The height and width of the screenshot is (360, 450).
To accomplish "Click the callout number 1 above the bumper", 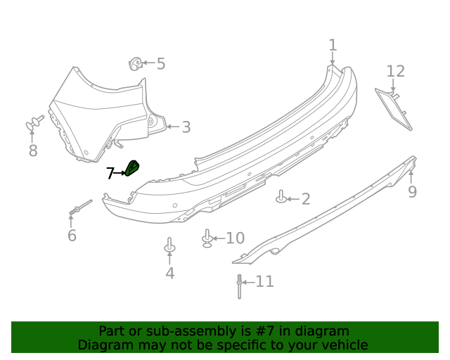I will tap(333, 46).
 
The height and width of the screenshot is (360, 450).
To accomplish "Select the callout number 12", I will tap(395, 71).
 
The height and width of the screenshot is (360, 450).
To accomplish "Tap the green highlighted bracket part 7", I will tap(132, 168).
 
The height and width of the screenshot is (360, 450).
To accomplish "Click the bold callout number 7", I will tap(110, 173).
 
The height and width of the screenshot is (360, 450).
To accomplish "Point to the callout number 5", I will tap(161, 65).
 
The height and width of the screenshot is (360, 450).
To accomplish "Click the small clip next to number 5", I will tap(135, 65).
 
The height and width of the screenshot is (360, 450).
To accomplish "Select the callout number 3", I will tap(186, 127).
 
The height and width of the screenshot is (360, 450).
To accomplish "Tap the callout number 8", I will tap(33, 151).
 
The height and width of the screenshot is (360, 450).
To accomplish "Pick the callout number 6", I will tap(72, 236).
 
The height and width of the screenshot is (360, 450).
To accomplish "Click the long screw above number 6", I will tap(80, 207).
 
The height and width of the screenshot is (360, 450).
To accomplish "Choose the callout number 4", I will tap(169, 274).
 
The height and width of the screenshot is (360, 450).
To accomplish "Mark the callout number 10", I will tap(234, 238).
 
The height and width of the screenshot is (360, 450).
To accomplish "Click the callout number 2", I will tap(305, 200).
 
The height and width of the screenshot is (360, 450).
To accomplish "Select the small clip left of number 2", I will tap(281, 197).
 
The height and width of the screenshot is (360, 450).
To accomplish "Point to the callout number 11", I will tap(264, 282).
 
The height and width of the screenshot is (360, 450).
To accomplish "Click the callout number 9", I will tap(412, 192).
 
